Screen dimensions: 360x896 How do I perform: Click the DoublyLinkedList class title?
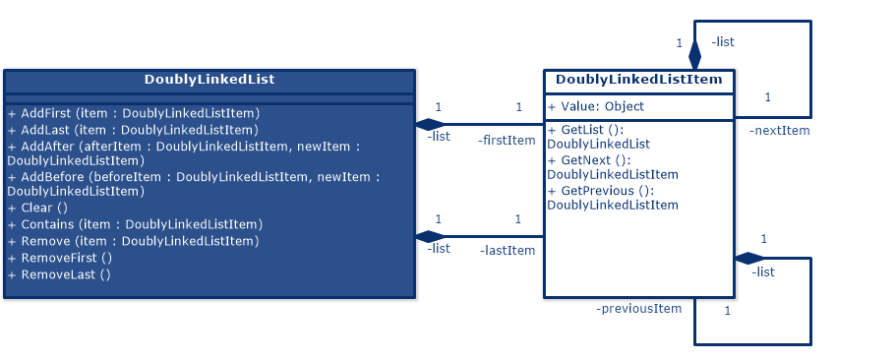209,80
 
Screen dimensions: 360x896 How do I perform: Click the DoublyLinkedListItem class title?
638,80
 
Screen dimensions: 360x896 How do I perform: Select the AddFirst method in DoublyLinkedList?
133,113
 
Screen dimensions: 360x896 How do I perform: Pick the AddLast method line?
133,129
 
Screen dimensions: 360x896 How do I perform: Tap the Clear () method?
37,208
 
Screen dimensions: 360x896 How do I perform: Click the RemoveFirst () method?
59,258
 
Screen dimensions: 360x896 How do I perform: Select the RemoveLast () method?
59,274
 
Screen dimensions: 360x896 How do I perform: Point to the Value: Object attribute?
596,107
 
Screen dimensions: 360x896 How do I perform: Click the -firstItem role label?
507,141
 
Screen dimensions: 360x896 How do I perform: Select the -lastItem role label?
508,251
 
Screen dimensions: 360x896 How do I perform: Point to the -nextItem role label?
779,131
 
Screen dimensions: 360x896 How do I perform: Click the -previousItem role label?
638,309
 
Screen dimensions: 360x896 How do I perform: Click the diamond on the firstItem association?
430,125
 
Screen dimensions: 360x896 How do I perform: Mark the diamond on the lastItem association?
430,236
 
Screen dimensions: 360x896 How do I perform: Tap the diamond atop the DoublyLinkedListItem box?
694,55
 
